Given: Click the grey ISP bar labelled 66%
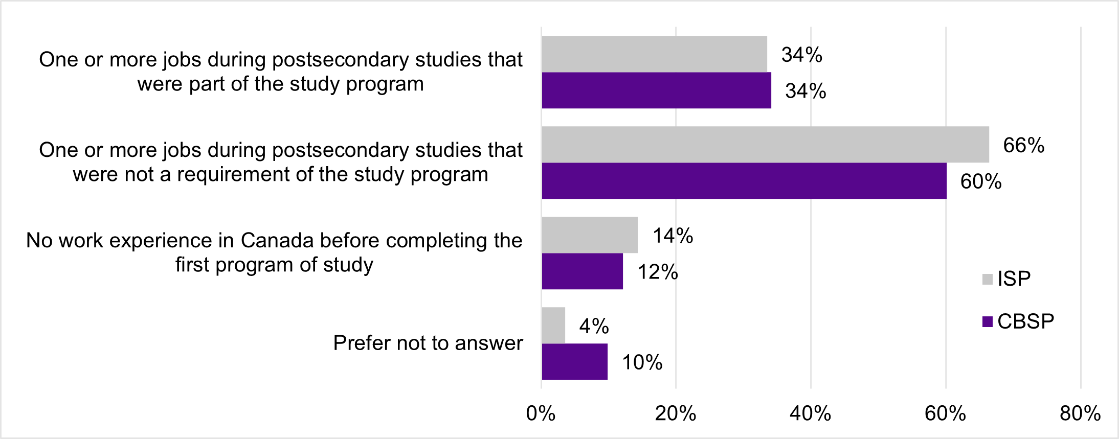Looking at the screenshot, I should point(765,145).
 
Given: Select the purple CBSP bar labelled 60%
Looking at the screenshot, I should point(744,181).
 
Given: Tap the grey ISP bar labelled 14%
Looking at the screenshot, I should point(590,235).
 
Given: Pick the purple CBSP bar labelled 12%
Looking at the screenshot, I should point(583,271).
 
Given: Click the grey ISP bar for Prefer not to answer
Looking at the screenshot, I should point(553,326).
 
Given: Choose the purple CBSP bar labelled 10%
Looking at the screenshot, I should point(575,362).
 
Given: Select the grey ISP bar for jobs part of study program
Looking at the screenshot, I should point(654,54).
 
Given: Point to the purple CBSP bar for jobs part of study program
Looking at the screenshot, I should point(656,90).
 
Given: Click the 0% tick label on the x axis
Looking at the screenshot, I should point(541,413).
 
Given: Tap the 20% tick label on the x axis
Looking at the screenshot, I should point(676,413).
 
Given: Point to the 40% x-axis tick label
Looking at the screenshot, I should point(810,413).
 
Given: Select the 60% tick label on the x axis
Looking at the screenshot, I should point(945,413).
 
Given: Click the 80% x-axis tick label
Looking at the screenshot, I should point(1080,413).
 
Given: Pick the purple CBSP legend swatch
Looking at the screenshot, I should point(988,322).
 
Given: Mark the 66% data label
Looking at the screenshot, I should point(1024,146).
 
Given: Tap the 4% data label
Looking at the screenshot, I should point(594,326).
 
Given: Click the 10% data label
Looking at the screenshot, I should point(642,363).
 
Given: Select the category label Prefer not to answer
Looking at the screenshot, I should point(428,343).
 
